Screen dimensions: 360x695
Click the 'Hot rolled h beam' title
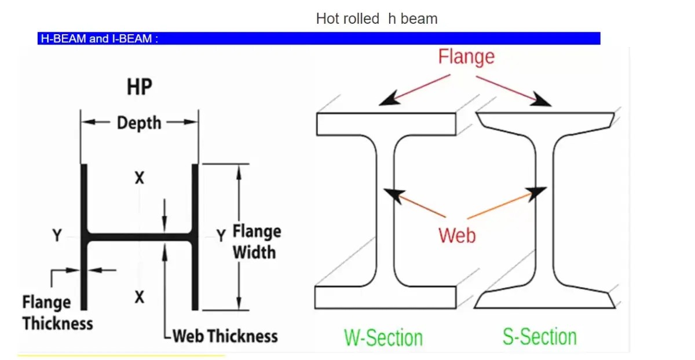[x=376, y=19]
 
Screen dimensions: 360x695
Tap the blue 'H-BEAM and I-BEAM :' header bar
[x=319, y=39]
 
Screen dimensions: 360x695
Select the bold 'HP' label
[x=139, y=87]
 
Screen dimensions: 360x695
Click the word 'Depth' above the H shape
[x=139, y=123]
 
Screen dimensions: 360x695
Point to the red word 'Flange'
[x=466, y=57]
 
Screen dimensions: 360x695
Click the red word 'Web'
[x=457, y=236]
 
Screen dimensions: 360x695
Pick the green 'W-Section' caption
[x=383, y=337]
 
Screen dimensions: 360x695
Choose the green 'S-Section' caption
[x=540, y=337]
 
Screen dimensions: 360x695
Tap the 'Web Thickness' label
[x=225, y=336]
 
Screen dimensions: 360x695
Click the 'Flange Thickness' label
[x=57, y=313]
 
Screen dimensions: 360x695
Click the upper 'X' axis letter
[x=139, y=178]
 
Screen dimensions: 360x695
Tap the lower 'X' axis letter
[x=139, y=297]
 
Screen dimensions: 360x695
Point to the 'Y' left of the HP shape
[x=57, y=236]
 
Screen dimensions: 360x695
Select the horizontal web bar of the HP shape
[x=139, y=237]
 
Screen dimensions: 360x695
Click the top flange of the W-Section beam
[x=386, y=124]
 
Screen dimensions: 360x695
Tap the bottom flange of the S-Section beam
[x=544, y=300]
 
